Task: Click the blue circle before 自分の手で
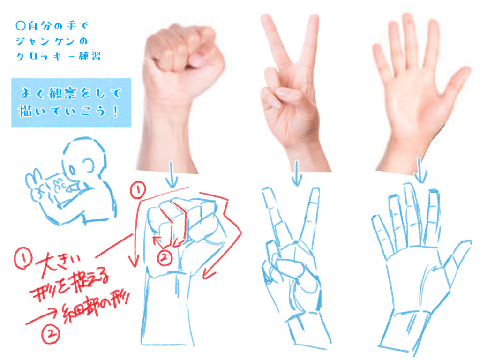pyautogui.click(x=20, y=25)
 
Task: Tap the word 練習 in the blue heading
pyautogui.click(x=90, y=56)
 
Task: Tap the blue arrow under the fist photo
pyautogui.click(x=172, y=174)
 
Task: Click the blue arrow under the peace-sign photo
pyautogui.click(x=296, y=173)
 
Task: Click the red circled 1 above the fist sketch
pyautogui.click(x=138, y=190)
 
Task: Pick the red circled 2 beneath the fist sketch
pyautogui.click(x=165, y=258)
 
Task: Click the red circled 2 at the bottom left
pyautogui.click(x=51, y=334)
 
